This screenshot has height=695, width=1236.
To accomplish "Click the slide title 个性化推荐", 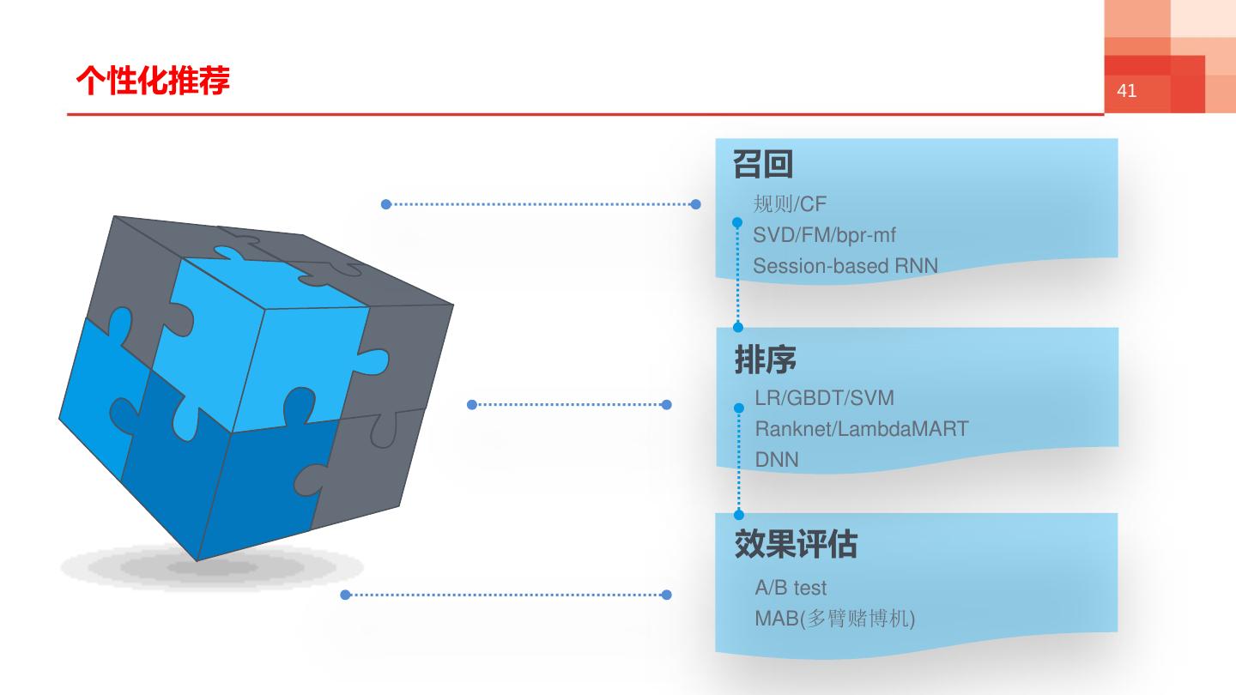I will [153, 82].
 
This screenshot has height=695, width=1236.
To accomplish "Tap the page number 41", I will [1127, 91].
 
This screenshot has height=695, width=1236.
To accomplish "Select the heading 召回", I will [762, 164].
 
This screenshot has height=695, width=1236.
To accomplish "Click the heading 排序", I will [765, 360].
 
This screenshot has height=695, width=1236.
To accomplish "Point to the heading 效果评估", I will [796, 545].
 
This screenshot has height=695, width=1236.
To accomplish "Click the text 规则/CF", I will [790, 204].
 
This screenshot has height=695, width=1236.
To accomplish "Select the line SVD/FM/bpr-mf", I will [824, 235].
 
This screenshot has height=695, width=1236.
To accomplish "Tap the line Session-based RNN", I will [845, 266].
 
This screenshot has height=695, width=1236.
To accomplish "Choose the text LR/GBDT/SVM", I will [824, 398].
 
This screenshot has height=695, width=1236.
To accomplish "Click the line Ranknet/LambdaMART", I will [861, 428].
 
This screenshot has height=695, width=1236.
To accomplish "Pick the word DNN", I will [776, 460].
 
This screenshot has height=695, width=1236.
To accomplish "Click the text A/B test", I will [791, 588].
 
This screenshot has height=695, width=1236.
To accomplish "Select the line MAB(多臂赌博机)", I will [834, 618].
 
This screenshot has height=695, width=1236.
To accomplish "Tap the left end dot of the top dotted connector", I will [386, 204].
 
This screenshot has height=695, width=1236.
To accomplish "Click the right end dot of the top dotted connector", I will [695, 204].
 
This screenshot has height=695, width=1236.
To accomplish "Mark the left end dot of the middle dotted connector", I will [471, 405].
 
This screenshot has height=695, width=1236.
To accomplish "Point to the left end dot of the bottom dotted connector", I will [345, 595].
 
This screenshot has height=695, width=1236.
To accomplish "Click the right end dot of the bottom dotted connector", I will [667, 595].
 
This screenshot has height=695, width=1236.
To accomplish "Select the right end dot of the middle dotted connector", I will [667, 405].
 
